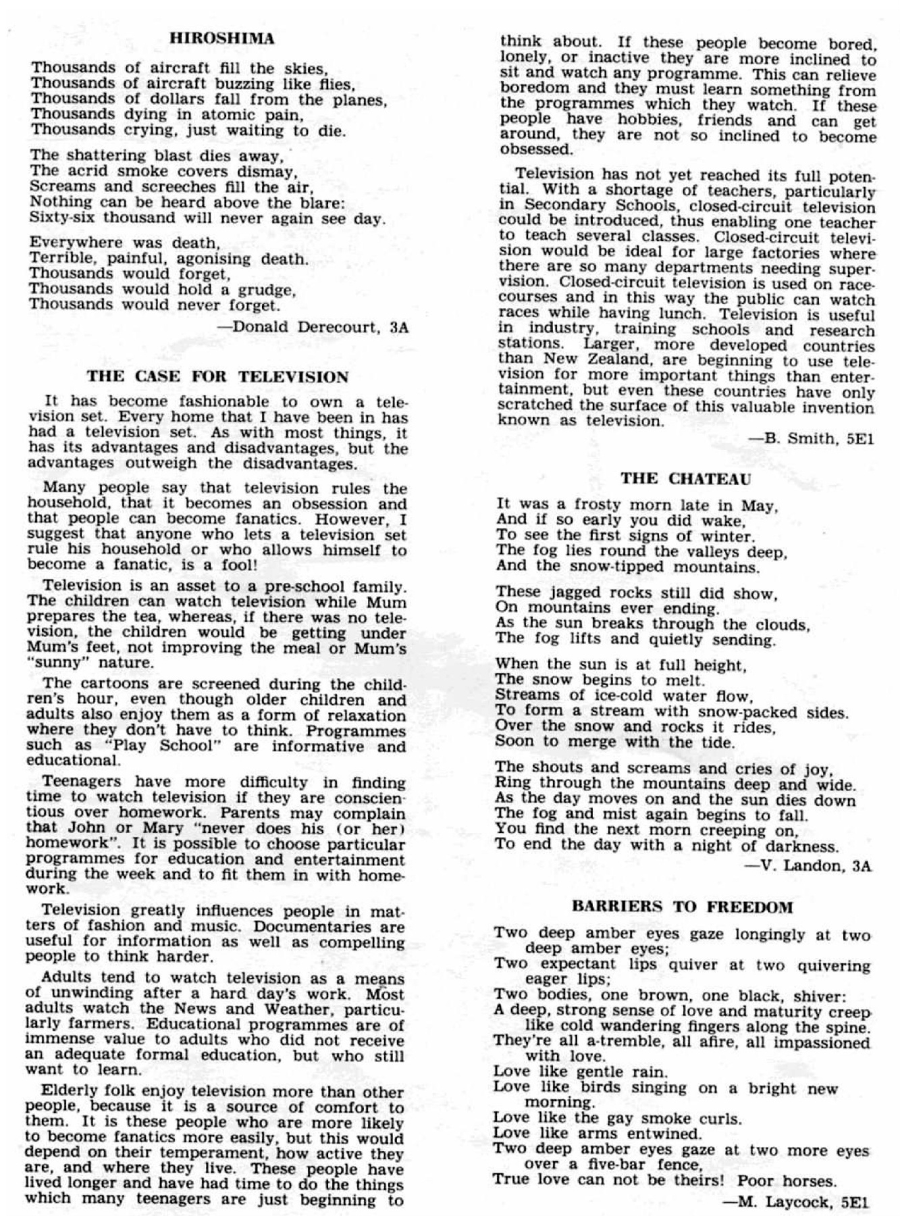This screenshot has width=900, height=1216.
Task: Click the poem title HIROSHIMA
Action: (221, 39)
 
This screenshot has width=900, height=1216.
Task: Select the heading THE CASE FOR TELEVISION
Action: (218, 376)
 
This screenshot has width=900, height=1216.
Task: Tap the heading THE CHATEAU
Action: (685, 479)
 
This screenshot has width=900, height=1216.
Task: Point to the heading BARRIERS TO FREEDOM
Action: (682, 907)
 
